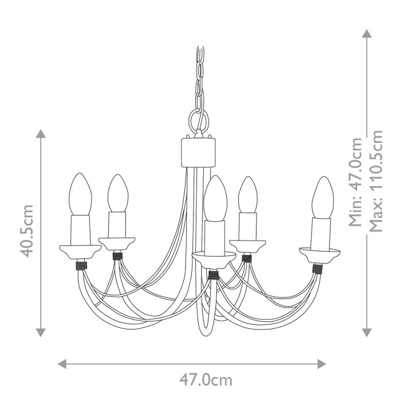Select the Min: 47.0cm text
coord(356,182)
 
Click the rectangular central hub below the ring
coord(200,151)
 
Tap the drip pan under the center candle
coord(214,258)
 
